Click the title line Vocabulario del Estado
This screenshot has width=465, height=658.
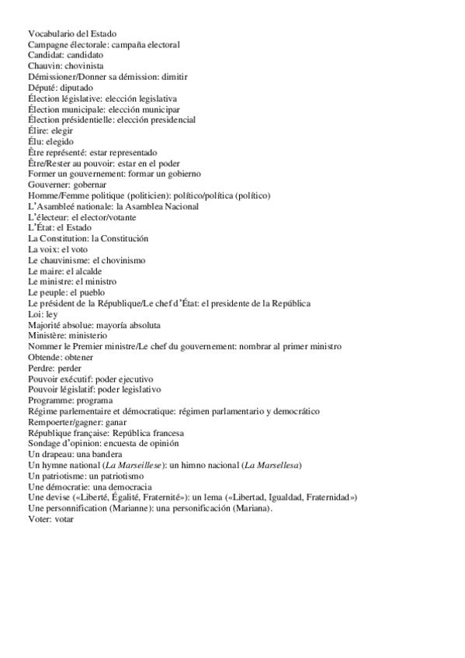coord(72,34)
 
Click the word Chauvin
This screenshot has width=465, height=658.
coord(43,67)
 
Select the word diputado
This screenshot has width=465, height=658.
coord(75,88)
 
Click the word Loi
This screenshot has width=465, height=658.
coord(34,314)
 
